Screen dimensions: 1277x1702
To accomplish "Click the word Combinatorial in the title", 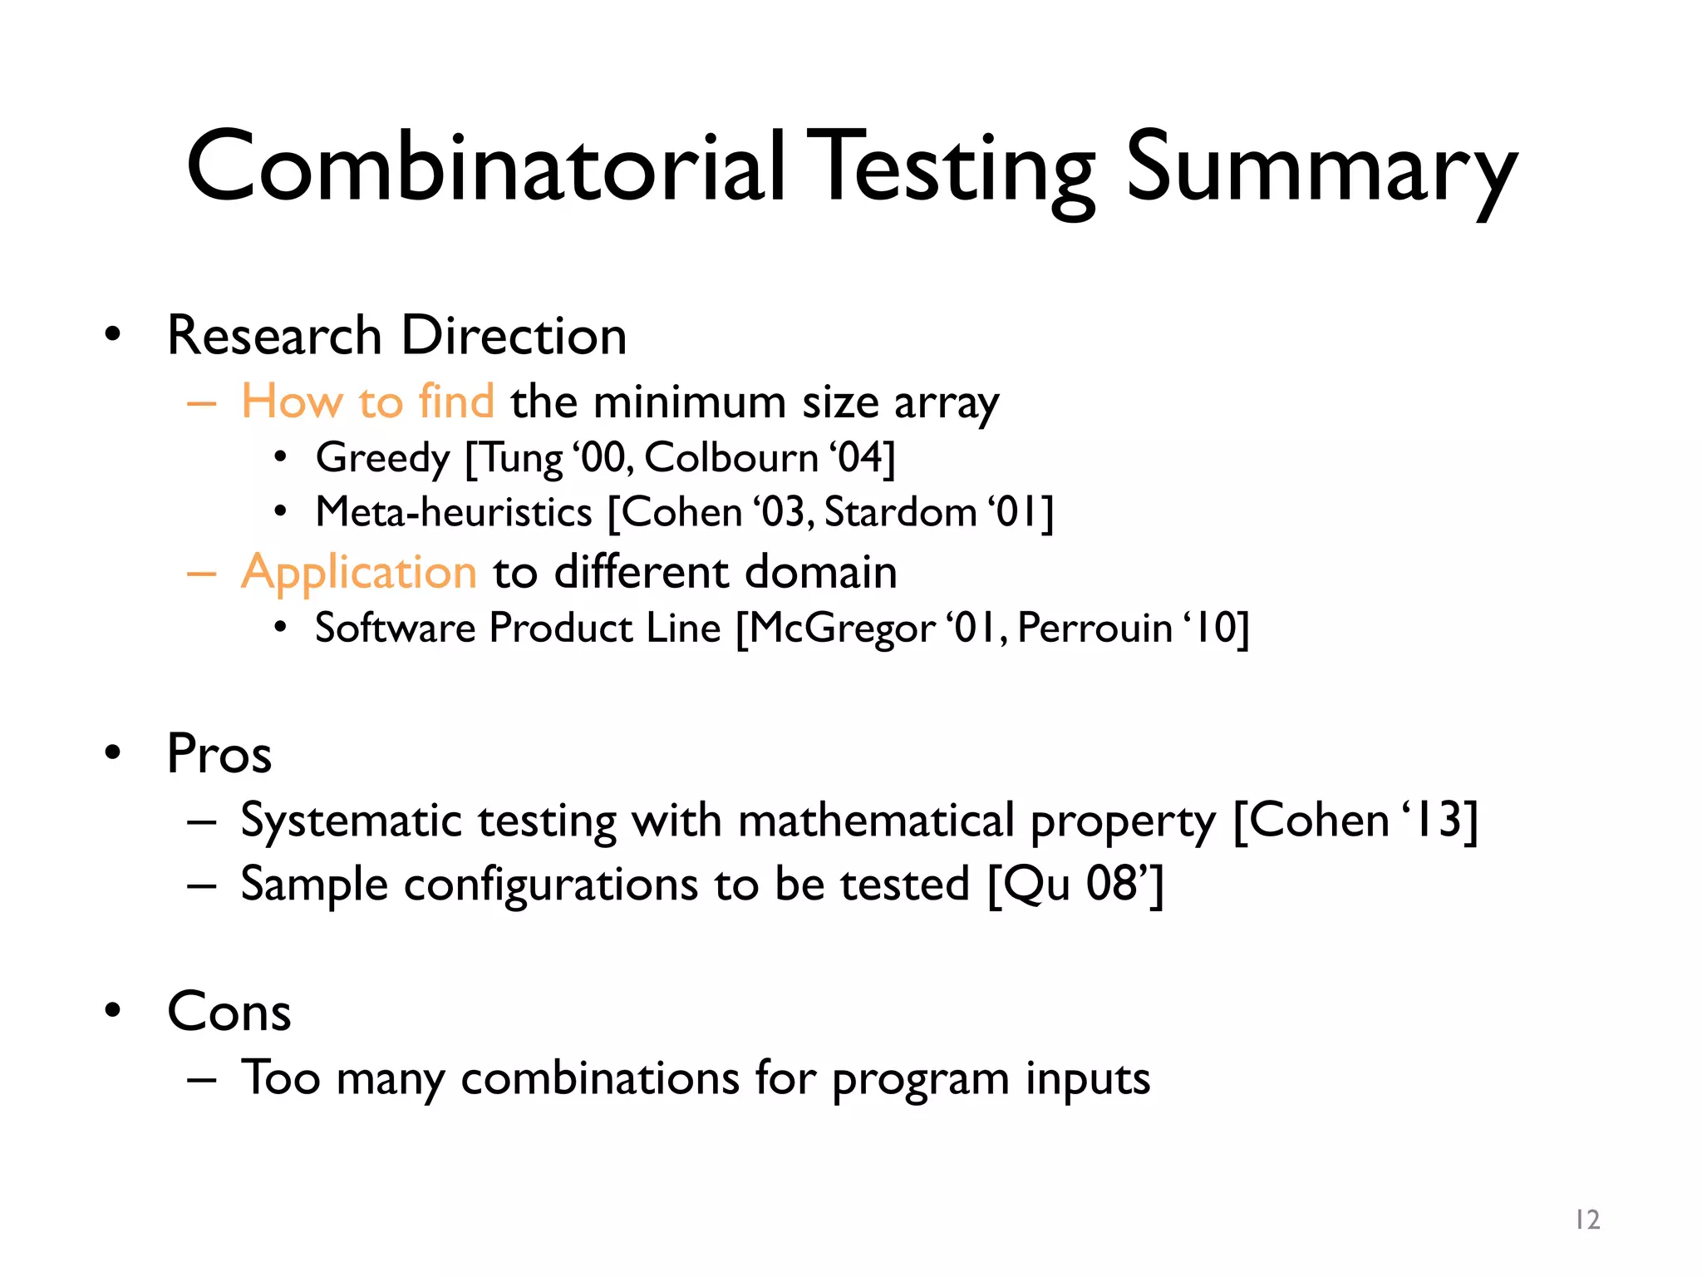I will point(485,166).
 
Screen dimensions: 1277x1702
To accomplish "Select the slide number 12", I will point(1587,1220).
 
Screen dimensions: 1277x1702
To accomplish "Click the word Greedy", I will point(382,459).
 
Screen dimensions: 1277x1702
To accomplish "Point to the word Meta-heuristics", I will point(454,512).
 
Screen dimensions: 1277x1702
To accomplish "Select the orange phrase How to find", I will point(367,402).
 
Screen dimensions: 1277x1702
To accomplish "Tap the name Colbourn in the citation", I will point(731,458).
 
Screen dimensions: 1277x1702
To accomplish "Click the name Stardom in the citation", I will point(900,512).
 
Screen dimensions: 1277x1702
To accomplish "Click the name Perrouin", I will point(1094,629).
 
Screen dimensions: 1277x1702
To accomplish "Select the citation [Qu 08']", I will point(1075,885).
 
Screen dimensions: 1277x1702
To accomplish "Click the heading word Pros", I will point(219,754).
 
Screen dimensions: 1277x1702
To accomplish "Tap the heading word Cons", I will point(229,1012).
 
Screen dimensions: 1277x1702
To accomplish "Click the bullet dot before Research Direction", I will point(113,335).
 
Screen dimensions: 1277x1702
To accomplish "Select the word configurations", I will point(551,885).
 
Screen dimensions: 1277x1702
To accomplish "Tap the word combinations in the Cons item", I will point(599,1079).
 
